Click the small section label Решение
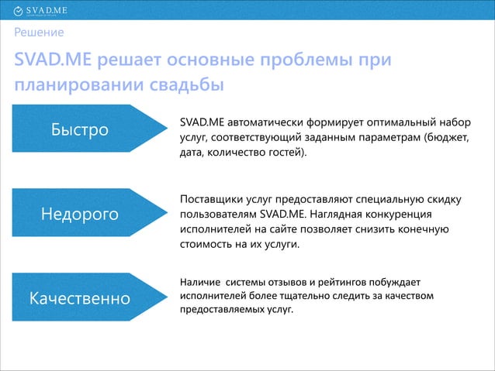pyautogui.click(x=38, y=33)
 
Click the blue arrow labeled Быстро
pyautogui.click(x=81, y=129)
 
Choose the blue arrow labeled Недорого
pyautogui.click(x=81, y=213)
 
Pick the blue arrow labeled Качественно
pyautogui.click(x=81, y=297)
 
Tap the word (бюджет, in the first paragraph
pyautogui.click(x=447, y=138)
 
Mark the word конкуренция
pyautogui.click(x=398, y=215)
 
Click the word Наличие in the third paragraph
pyautogui.click(x=197, y=282)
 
